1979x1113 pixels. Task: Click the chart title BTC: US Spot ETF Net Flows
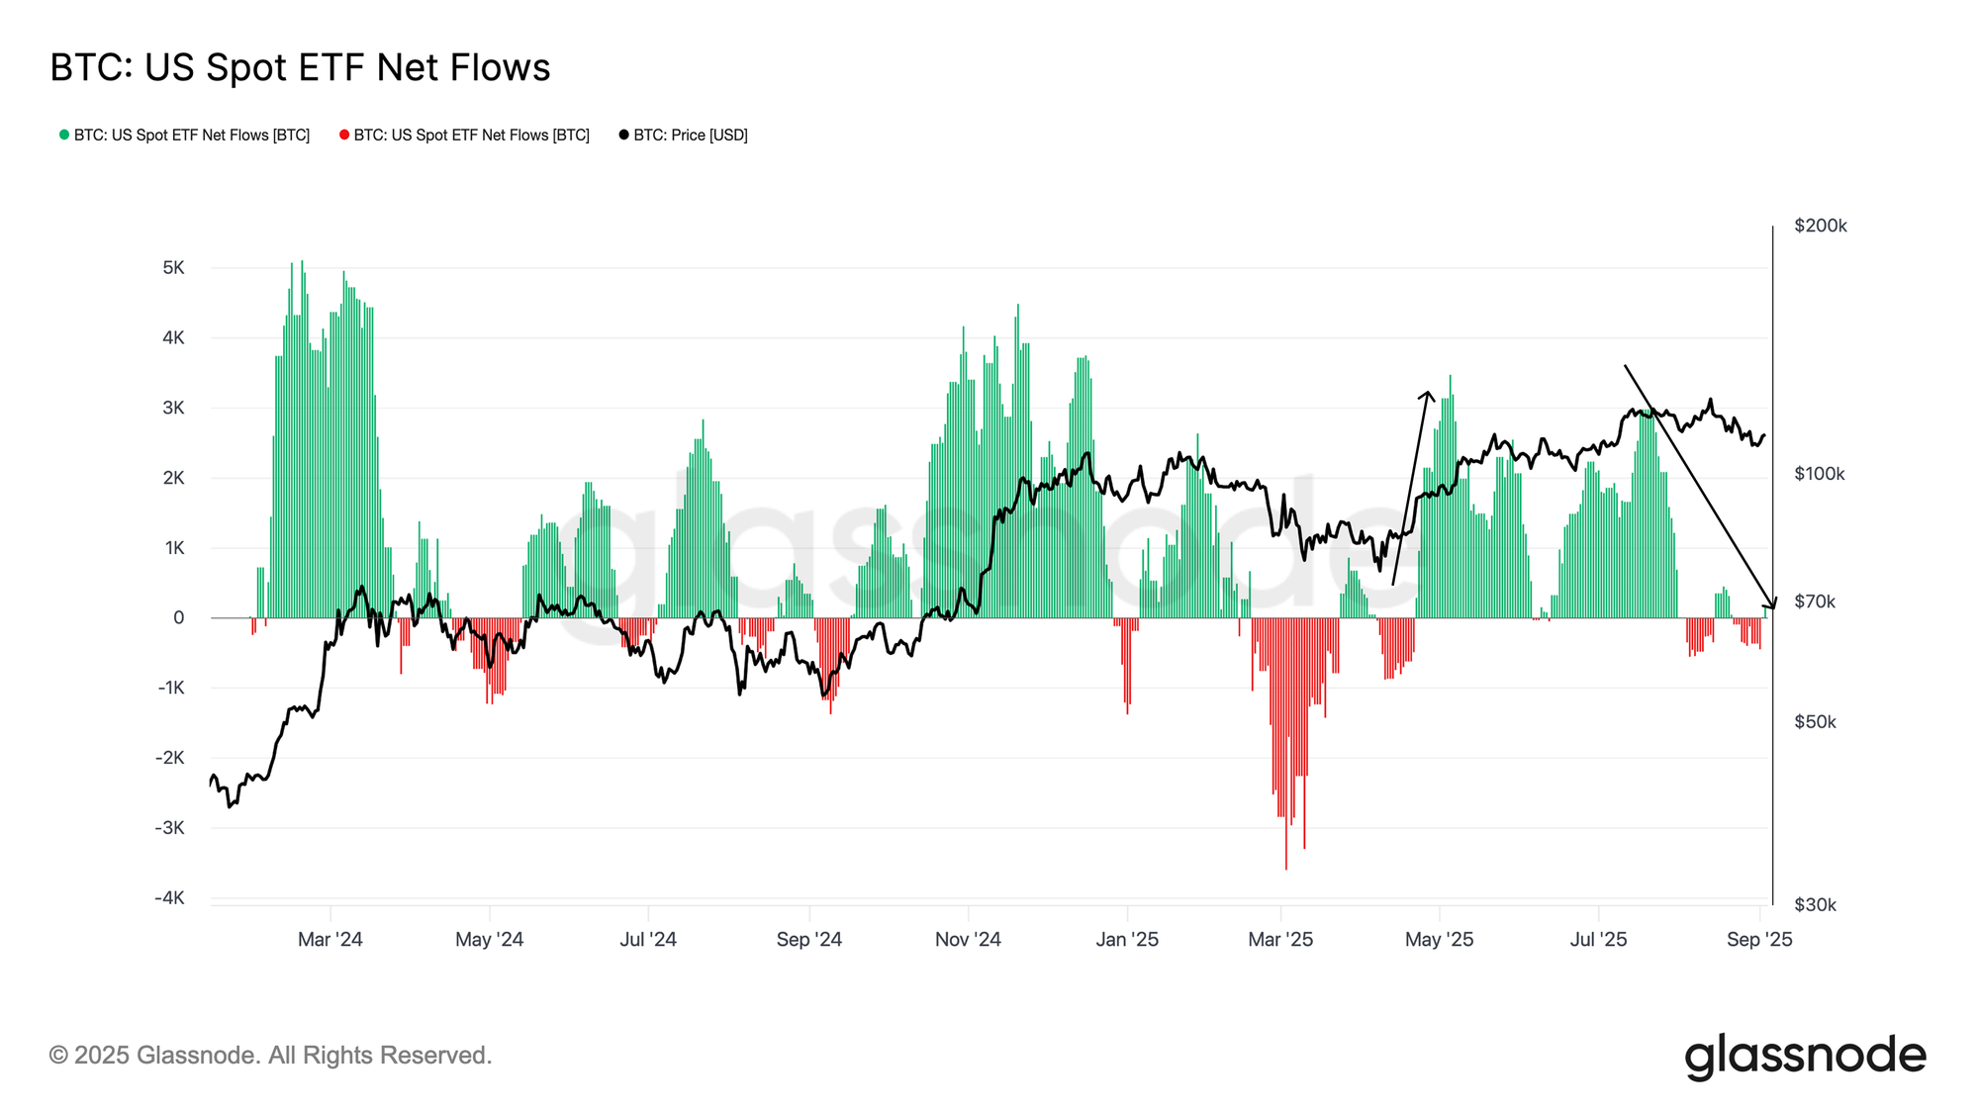[x=300, y=67]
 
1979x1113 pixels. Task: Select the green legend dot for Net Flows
[x=64, y=135]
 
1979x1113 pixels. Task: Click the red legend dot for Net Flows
[x=344, y=135]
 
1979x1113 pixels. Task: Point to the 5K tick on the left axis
[x=173, y=268]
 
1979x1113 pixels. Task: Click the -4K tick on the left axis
[x=169, y=898]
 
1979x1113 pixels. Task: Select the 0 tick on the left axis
[x=178, y=617]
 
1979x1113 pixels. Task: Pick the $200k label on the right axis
[x=1821, y=226]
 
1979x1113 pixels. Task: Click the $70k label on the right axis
[x=1815, y=602]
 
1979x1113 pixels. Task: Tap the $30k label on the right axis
[x=1815, y=904]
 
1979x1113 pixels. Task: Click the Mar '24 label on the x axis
[x=330, y=940]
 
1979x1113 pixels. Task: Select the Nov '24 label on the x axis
[x=968, y=940]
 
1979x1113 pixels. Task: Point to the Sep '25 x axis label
[x=1758, y=940]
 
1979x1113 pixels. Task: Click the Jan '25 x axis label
[x=1127, y=940]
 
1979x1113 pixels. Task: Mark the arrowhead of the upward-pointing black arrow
[x=1428, y=394]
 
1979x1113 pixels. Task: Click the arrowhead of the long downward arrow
[x=1772, y=605]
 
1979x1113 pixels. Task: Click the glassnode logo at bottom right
[x=1805, y=1056]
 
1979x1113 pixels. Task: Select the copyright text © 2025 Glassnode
[x=270, y=1056]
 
